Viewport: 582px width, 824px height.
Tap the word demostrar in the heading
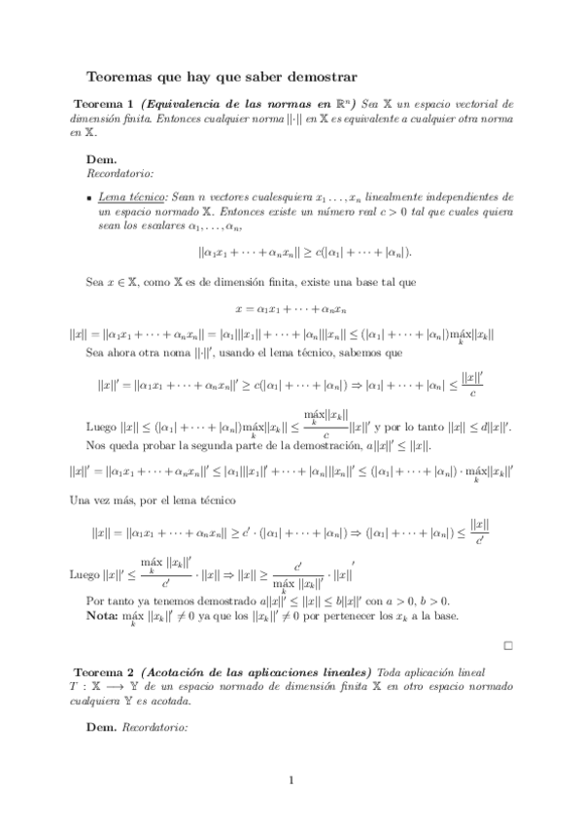pos(320,74)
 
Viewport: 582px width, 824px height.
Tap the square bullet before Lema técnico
pos(87,197)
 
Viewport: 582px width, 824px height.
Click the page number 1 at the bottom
pos(291,779)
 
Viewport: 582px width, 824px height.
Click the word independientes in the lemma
pos(452,196)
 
